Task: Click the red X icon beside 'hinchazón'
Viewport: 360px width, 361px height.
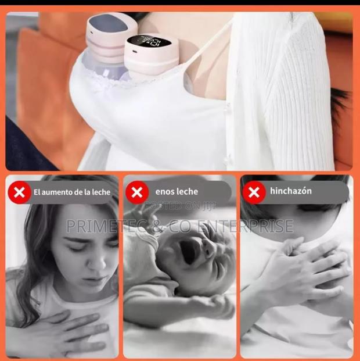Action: (x=254, y=192)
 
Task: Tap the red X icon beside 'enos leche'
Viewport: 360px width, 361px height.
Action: (x=138, y=192)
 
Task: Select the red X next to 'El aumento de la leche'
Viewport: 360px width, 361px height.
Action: (x=20, y=192)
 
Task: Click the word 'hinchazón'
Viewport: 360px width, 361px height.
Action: (x=291, y=191)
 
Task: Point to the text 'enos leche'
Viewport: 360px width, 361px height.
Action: (x=177, y=191)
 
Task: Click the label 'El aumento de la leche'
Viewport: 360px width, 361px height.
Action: (x=71, y=192)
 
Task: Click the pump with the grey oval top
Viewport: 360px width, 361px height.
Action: (x=111, y=29)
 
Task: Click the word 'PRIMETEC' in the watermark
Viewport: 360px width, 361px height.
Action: (x=103, y=226)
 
